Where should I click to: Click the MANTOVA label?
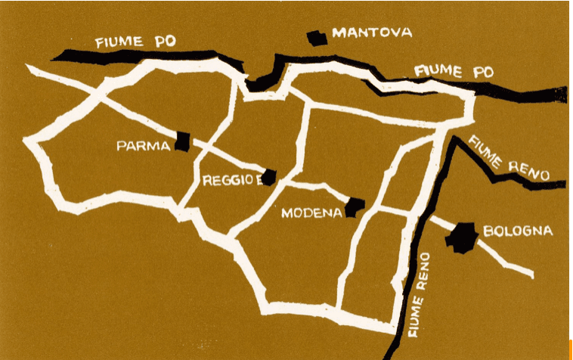click(372, 33)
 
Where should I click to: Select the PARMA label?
click(144, 146)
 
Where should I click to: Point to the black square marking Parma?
click(182, 141)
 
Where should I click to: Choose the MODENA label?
click(311, 213)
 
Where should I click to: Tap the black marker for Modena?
click(355, 206)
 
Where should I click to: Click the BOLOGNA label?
click(518, 231)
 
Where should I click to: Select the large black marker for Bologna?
click(461, 237)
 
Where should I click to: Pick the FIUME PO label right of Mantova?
click(454, 72)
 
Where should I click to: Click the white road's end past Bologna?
click(531, 274)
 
